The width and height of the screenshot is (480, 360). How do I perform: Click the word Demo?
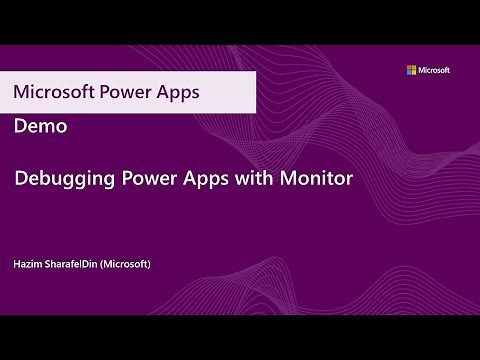(x=41, y=127)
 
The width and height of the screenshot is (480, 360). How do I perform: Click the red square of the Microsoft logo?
(x=408, y=67)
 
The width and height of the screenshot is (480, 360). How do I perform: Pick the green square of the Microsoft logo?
(x=413, y=67)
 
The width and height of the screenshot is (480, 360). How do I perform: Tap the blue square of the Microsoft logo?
(x=408, y=72)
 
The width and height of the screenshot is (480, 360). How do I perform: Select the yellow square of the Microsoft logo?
(x=413, y=72)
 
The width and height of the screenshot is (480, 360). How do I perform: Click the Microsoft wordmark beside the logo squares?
(x=434, y=70)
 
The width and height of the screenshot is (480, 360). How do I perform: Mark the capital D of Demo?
(x=21, y=127)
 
